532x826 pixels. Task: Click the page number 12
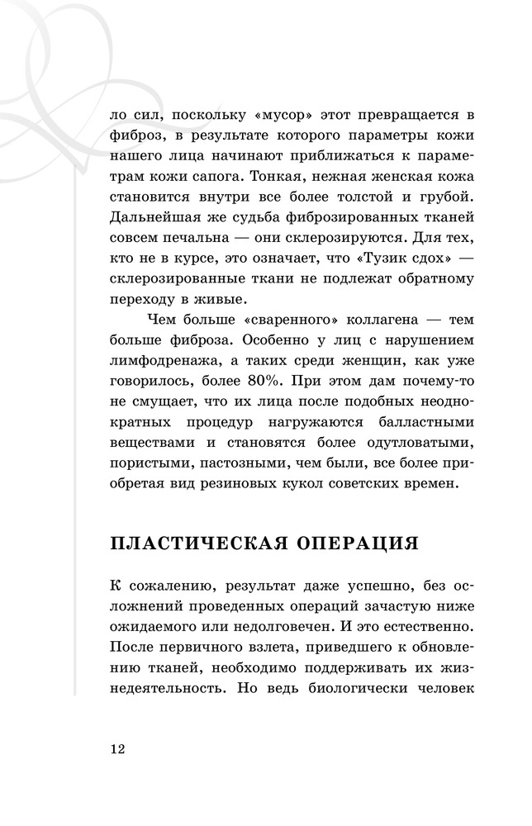(116, 748)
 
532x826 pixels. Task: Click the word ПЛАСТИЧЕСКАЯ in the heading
(197, 544)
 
